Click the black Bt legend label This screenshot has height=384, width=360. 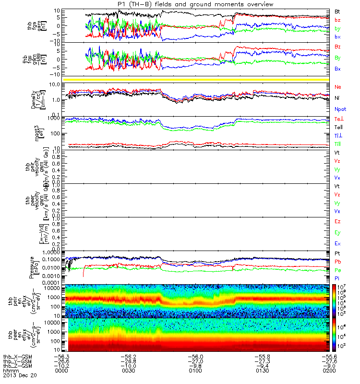point(337,11)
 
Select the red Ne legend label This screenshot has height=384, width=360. point(338,87)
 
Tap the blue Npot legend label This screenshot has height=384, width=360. point(340,109)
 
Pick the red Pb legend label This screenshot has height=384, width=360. point(338,262)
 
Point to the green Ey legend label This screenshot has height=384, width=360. point(338,233)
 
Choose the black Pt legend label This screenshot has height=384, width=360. point(337,253)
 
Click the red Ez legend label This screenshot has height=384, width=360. point(337,222)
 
